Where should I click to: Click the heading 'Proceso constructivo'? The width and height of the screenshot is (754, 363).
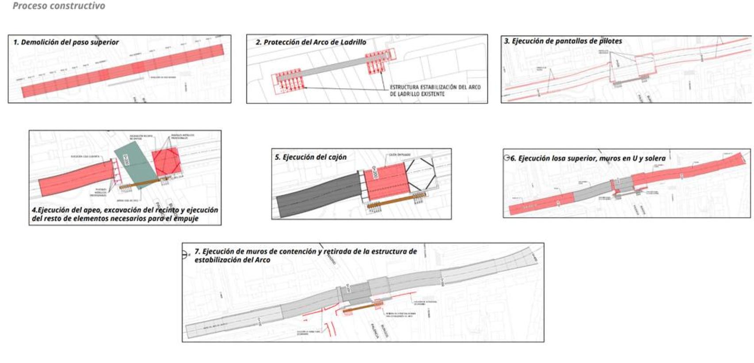59,6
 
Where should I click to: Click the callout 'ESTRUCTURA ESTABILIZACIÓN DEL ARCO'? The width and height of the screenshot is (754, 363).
435,87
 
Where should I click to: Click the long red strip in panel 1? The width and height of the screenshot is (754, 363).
124,71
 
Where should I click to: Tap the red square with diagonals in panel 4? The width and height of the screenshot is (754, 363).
166,161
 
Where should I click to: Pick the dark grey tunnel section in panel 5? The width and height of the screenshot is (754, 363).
316,194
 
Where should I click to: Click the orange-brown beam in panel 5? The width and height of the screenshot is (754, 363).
396,200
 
